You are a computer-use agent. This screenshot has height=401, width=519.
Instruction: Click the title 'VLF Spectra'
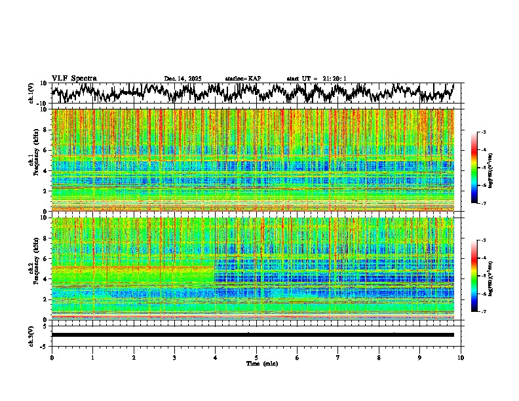[74, 79]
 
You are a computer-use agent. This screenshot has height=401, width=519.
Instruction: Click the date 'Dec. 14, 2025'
[183, 79]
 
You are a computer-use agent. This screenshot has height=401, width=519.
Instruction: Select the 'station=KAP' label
[243, 79]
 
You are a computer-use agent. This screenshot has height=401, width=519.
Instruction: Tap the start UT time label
[317, 79]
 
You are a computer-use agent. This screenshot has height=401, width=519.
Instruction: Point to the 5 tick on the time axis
[256, 358]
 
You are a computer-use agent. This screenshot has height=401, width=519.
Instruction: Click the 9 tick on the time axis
[420, 358]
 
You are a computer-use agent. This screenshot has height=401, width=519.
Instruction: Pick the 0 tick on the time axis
[52, 358]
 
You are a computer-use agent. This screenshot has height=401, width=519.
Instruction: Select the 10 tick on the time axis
[461, 358]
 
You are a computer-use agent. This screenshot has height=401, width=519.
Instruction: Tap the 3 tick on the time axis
[174, 358]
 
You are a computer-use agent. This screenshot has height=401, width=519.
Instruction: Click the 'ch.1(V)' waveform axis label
[31, 93]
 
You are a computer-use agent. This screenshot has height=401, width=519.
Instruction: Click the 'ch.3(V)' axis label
[31, 335]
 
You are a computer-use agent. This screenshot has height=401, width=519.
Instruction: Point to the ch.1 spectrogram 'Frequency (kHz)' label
[34, 160]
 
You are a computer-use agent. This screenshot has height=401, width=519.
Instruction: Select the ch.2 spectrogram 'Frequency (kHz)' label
[34, 269]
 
